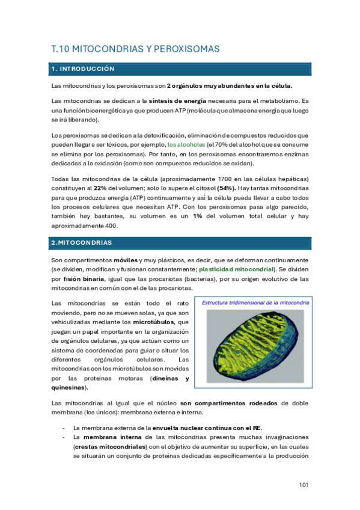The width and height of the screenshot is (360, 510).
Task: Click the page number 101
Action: click(304, 484)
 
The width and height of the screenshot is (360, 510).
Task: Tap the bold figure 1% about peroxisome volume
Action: click(197, 217)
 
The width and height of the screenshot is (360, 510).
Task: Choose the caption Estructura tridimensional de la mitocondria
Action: click(255, 303)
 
